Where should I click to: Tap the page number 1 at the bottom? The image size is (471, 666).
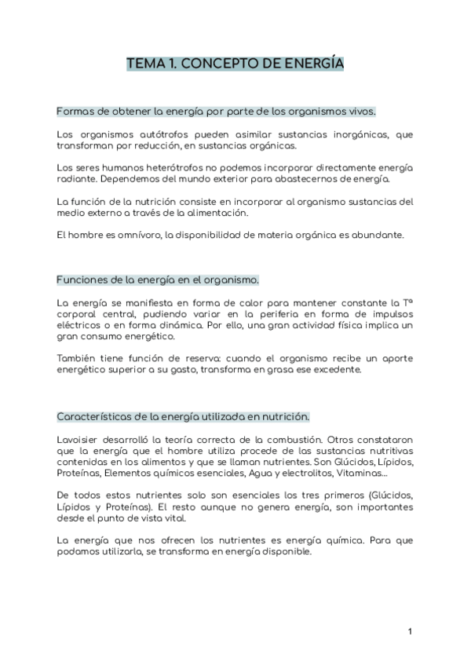(410, 631)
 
